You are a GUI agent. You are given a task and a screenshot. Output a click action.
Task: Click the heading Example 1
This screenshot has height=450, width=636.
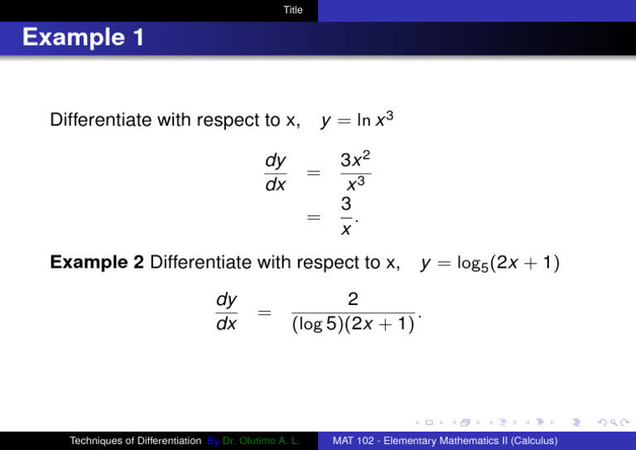tap(72, 37)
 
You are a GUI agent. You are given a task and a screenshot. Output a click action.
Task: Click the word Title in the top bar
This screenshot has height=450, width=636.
tap(292, 10)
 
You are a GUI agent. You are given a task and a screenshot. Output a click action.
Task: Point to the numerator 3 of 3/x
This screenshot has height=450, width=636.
tap(346, 204)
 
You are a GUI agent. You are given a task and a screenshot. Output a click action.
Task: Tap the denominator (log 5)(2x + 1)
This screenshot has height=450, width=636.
tap(353, 324)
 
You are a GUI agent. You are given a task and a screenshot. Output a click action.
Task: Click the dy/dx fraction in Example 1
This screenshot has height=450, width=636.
tap(275, 172)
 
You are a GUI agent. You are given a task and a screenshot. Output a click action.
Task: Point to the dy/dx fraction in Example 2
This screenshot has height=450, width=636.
tap(226, 311)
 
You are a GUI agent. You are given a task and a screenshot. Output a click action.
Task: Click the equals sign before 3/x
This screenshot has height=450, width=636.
tap(313, 217)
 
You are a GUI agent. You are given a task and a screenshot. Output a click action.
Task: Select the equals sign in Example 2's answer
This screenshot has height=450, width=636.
tap(264, 312)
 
